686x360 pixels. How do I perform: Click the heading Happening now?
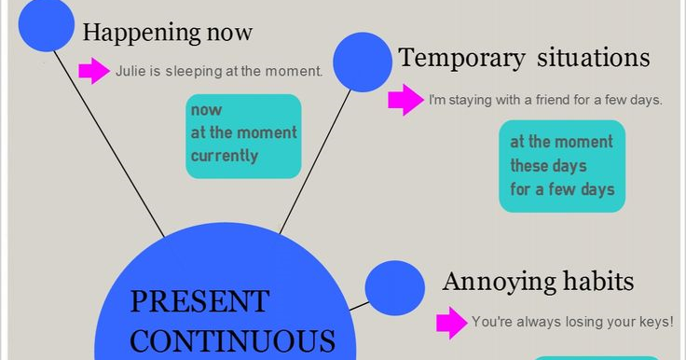pos(168,33)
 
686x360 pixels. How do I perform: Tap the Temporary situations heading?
pos(524,58)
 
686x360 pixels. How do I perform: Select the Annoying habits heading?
pos(539,281)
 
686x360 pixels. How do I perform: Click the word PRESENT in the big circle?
pos(199,301)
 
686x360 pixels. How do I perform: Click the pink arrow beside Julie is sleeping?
pos(94,70)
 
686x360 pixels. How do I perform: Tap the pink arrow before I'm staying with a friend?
pos(405,100)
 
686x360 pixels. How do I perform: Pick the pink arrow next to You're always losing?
pos(452,323)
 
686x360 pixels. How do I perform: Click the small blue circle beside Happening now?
pos(46,24)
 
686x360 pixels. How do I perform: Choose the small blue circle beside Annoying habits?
pos(394,287)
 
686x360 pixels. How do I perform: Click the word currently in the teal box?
pos(225,156)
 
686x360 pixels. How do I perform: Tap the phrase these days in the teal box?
pos(548,166)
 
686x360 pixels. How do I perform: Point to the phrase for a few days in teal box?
pos(562,189)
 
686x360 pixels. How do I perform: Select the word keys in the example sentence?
pos(652,323)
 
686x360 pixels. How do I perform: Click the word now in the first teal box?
pos(200,110)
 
